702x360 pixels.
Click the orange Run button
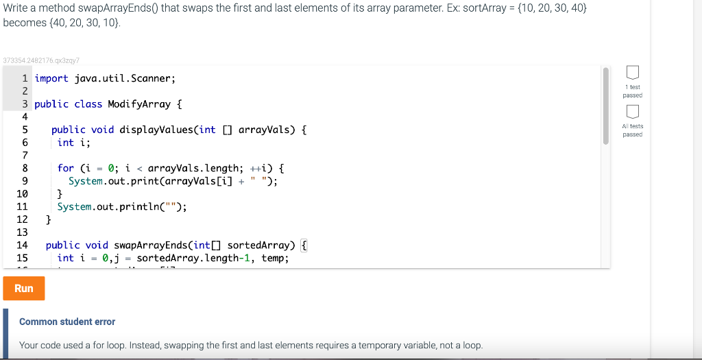click(x=24, y=288)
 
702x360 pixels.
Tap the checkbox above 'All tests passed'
click(x=633, y=111)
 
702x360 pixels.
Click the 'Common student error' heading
click(x=67, y=322)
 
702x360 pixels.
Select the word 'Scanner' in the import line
click(x=152, y=78)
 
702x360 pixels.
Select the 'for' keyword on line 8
click(x=66, y=168)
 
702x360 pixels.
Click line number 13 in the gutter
click(x=22, y=232)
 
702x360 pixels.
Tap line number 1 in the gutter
click(x=25, y=78)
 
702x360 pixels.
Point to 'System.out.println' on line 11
click(x=108, y=206)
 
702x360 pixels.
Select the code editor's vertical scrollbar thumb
click(x=605, y=106)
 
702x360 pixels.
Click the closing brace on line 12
click(x=49, y=219)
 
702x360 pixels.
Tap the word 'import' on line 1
click(x=51, y=78)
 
